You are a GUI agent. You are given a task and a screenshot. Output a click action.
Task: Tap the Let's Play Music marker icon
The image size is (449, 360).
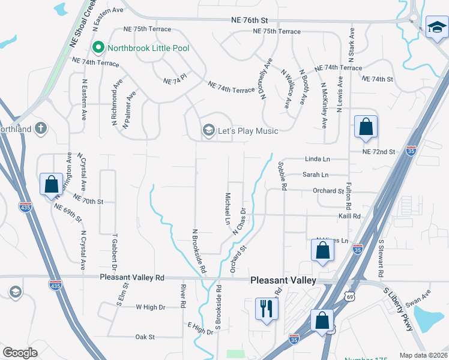pyautogui.click(x=209, y=130)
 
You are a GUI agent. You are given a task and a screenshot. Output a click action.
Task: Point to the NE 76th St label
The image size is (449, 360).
pyautogui.click(x=256, y=20)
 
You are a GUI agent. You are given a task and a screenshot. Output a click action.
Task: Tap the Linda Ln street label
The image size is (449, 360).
pyautogui.click(x=318, y=159)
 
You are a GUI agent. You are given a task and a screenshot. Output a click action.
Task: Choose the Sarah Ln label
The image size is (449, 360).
pyautogui.click(x=315, y=175)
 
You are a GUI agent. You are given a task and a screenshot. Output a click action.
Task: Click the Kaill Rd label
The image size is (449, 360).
pyautogui.click(x=349, y=216)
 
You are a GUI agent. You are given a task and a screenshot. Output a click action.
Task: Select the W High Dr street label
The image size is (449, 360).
pyautogui.click(x=150, y=307)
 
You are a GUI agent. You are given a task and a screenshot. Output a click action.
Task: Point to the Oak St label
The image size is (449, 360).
pyautogui.click(x=145, y=337)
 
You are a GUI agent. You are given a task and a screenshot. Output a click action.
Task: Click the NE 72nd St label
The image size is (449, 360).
pyautogui.click(x=379, y=152)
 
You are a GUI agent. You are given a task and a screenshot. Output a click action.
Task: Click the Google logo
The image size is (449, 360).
pyautogui.click(x=20, y=352)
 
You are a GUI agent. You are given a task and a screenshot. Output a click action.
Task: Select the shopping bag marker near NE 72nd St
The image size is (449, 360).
pyautogui.click(x=366, y=127)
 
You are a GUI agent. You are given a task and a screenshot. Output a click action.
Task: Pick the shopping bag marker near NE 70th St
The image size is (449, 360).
pyautogui.click(x=51, y=184)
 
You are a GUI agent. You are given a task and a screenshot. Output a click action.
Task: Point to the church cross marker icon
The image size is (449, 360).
pyautogui.click(x=40, y=128)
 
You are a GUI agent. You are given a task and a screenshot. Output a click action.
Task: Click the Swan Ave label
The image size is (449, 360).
pyautogui.click(x=418, y=297)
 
